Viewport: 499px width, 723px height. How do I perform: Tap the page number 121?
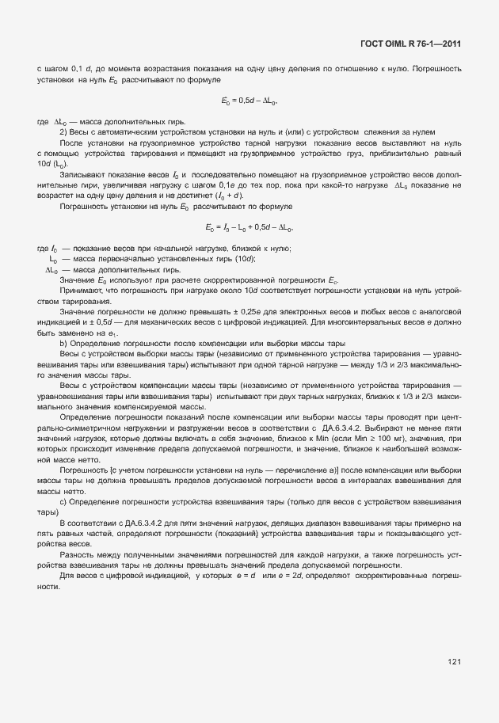pos(454,661)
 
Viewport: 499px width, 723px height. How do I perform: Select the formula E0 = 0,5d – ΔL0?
pos(249,101)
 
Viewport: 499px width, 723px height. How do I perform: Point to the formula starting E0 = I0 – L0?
pos(249,229)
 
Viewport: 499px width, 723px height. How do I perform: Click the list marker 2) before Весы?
pos(67,131)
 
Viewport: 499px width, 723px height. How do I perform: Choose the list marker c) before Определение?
pos(63,501)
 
